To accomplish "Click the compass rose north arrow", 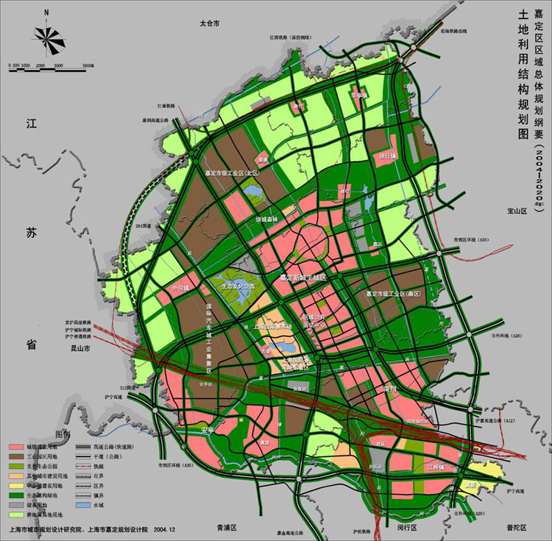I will pos(46,35).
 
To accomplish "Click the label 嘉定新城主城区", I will pos(302,277).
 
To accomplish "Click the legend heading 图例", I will pos(69,434).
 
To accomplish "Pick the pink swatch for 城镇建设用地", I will pos(15,447).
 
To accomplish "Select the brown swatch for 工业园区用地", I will pos(15,457).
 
